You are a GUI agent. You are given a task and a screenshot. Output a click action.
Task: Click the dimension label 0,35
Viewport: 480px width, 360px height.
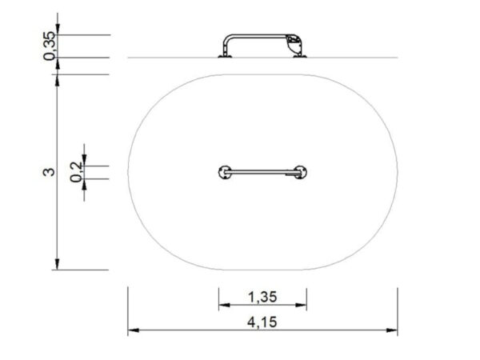(x=50, y=46)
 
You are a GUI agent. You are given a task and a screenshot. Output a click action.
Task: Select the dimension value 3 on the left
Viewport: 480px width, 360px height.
(x=49, y=172)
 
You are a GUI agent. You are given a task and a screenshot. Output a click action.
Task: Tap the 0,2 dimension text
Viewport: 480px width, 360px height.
(x=76, y=171)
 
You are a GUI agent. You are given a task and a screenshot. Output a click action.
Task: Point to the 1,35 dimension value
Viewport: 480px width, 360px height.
(x=262, y=298)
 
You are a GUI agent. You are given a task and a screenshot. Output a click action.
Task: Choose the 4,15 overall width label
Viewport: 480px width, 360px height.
(x=262, y=323)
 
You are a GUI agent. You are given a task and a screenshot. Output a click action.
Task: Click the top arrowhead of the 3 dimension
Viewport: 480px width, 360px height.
(x=58, y=78)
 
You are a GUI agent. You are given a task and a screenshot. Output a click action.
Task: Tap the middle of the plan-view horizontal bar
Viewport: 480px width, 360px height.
(x=262, y=170)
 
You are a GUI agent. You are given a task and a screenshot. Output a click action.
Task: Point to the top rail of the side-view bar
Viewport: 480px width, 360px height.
(x=260, y=36)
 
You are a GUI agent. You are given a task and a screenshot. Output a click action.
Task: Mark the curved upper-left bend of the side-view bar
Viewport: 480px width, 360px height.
(x=227, y=38)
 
